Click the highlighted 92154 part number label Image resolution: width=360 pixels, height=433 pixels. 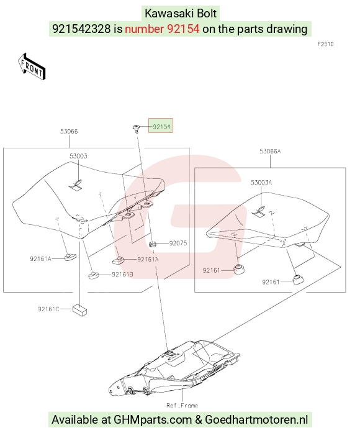pos(161,127)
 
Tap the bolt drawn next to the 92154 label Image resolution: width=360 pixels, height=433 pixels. pos(136,129)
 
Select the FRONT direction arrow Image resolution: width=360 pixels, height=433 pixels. pos(32,66)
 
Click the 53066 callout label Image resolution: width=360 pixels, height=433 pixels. pos(69,132)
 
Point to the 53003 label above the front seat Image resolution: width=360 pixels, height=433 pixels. pos(78,156)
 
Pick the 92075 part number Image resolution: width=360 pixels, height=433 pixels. pos(178,243)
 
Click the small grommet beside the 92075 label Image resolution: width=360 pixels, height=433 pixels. pos(152,244)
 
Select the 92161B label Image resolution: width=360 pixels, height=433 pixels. pos(122,275)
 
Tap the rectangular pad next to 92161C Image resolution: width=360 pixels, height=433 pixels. pos(79,310)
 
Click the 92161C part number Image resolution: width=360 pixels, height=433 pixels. pos(48,309)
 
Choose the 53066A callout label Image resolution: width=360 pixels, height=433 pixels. pos(270,152)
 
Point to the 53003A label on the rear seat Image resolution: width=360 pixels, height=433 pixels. pos(261,183)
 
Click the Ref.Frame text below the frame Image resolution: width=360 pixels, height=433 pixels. pos(182,406)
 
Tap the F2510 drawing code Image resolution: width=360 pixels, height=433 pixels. pos(326,44)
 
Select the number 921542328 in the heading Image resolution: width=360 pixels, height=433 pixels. pos(81,29)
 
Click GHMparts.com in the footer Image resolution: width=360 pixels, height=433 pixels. pos(153,419)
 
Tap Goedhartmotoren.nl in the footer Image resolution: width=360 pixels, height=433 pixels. pos(256,419)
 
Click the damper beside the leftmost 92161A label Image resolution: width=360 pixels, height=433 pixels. pos(70,257)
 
